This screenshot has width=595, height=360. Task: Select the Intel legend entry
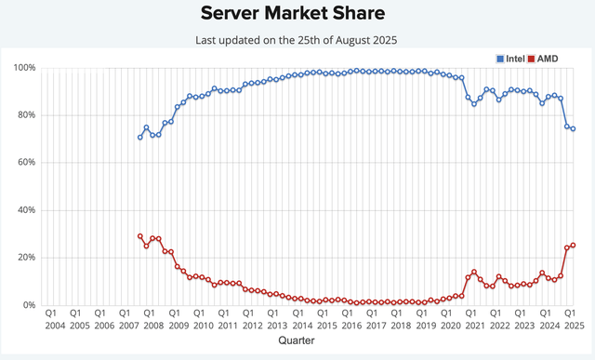pyautogui.click(x=512, y=59)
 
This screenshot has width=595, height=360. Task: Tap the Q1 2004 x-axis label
pyautogui.click(x=54, y=320)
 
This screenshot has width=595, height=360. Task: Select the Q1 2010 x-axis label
pyautogui.click(x=200, y=320)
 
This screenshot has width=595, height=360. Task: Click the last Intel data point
pyautogui.click(x=573, y=129)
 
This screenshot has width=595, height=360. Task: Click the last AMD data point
pyautogui.click(x=573, y=246)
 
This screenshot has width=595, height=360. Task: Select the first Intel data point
pyautogui.click(x=140, y=137)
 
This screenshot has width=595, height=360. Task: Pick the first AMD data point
pyautogui.click(x=140, y=236)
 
